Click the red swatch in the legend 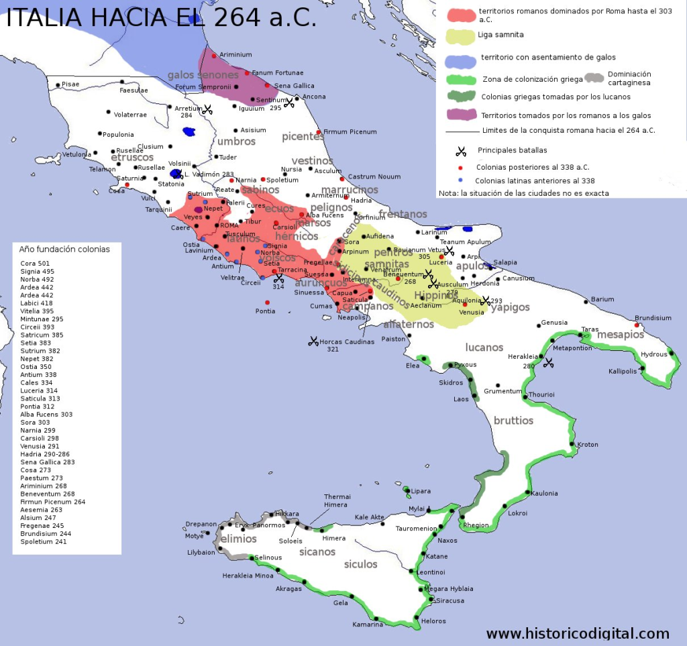tap(460, 15)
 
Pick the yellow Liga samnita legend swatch tap(460, 36)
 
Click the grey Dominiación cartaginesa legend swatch tap(594, 77)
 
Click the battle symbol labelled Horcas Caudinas tap(313, 341)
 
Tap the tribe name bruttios tap(513, 421)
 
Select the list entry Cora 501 tap(35, 263)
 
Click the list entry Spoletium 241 tap(44, 541)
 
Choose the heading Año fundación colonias tap(65, 249)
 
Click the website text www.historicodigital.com tap(578, 633)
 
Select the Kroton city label tap(588, 444)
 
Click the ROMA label tap(229, 225)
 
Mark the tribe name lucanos tap(484, 347)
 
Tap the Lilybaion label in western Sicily tap(201, 553)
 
